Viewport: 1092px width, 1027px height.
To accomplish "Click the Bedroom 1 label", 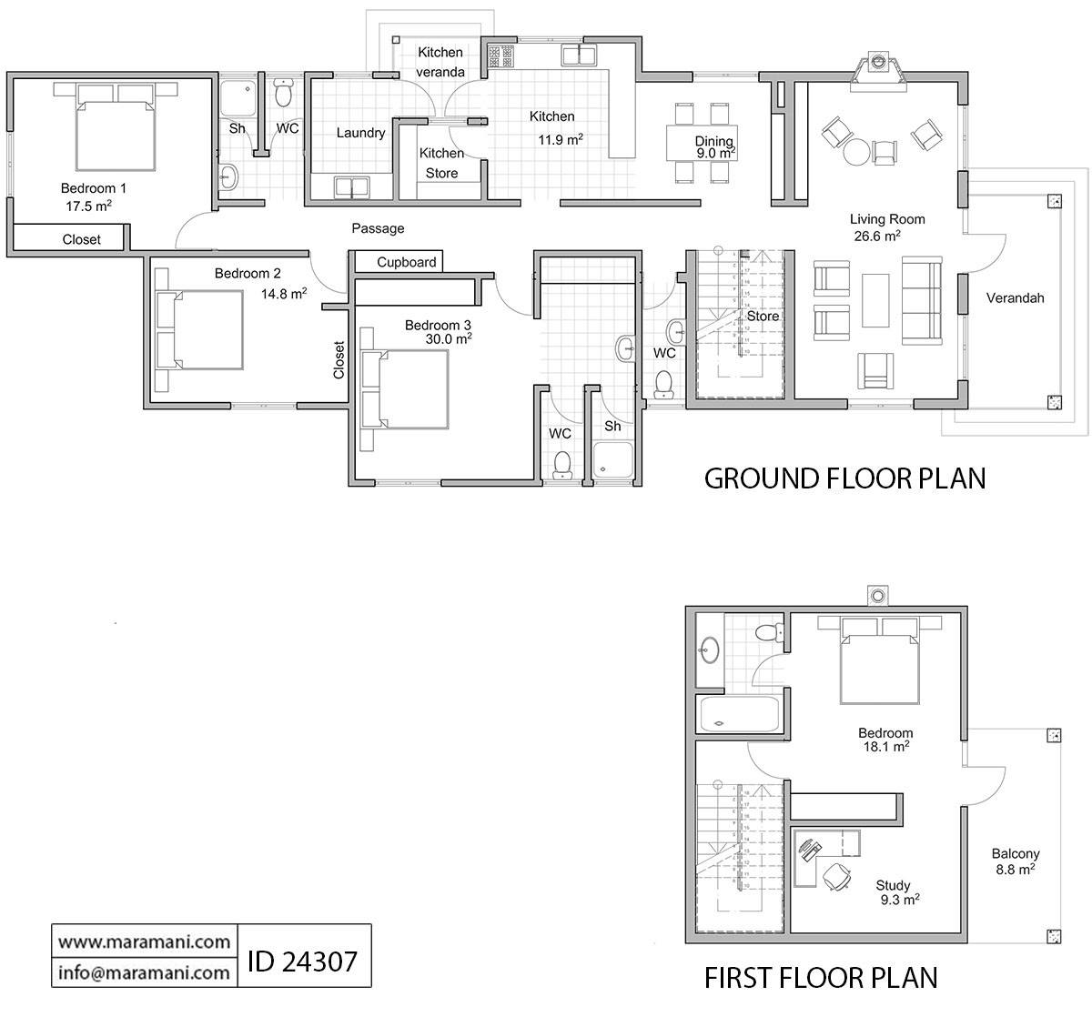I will point(93,188).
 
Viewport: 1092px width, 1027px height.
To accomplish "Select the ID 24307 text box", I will point(303,958).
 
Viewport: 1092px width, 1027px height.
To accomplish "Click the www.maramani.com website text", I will point(144,941).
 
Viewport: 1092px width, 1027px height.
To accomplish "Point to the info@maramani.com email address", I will point(144,972).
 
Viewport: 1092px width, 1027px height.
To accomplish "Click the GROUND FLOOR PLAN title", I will point(844,478).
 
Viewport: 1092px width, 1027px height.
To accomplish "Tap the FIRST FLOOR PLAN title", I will point(821,978).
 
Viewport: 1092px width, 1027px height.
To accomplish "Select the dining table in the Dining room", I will point(702,143).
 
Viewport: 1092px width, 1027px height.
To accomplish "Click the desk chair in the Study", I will point(837,875).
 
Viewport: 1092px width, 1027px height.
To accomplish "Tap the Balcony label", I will point(1015,854).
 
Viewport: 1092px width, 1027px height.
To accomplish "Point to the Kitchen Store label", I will point(441,163).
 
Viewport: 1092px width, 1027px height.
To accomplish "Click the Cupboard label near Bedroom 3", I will point(407,262).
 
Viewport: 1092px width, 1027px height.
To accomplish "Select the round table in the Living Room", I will point(857,151).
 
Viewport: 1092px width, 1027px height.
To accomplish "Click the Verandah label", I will point(1015,297).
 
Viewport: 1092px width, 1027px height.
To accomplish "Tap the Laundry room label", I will point(360,133).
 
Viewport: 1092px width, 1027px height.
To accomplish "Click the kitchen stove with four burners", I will point(500,57).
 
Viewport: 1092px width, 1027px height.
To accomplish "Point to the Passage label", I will point(378,228).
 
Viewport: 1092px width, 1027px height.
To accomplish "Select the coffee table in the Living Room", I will point(875,301).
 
